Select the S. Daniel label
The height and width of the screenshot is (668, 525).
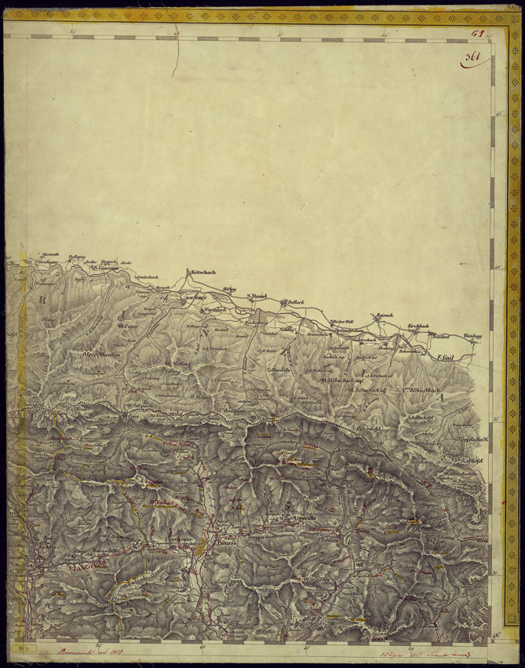[258, 296]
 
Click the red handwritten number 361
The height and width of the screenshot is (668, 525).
[473, 57]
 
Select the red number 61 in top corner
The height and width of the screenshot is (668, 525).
[478, 34]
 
